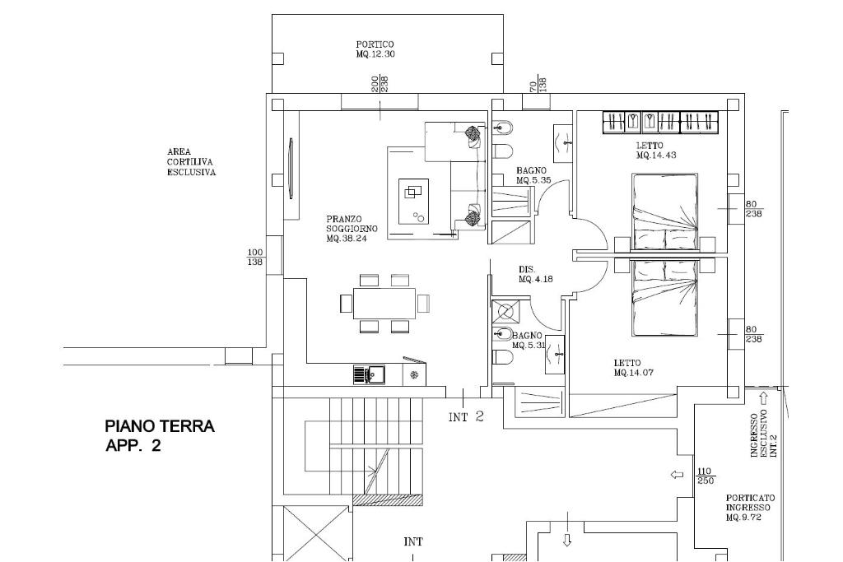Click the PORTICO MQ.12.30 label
(x=375, y=49)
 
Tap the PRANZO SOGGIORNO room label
(x=352, y=229)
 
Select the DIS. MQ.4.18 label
(x=535, y=275)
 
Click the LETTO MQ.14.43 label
(x=656, y=151)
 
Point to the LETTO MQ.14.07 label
(x=633, y=368)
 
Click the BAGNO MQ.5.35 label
(x=533, y=176)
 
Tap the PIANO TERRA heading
(x=160, y=426)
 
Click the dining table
(x=384, y=304)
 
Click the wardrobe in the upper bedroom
(x=661, y=123)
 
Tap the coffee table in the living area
(x=413, y=202)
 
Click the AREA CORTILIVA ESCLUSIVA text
(x=191, y=162)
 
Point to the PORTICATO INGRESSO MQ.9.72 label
(x=750, y=509)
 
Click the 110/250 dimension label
(x=706, y=476)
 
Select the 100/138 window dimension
(x=255, y=258)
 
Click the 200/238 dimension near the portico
(x=380, y=84)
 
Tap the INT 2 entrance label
(x=467, y=416)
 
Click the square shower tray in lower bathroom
(x=506, y=312)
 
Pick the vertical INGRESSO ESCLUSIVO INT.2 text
(x=764, y=435)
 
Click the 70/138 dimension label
(x=538, y=85)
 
